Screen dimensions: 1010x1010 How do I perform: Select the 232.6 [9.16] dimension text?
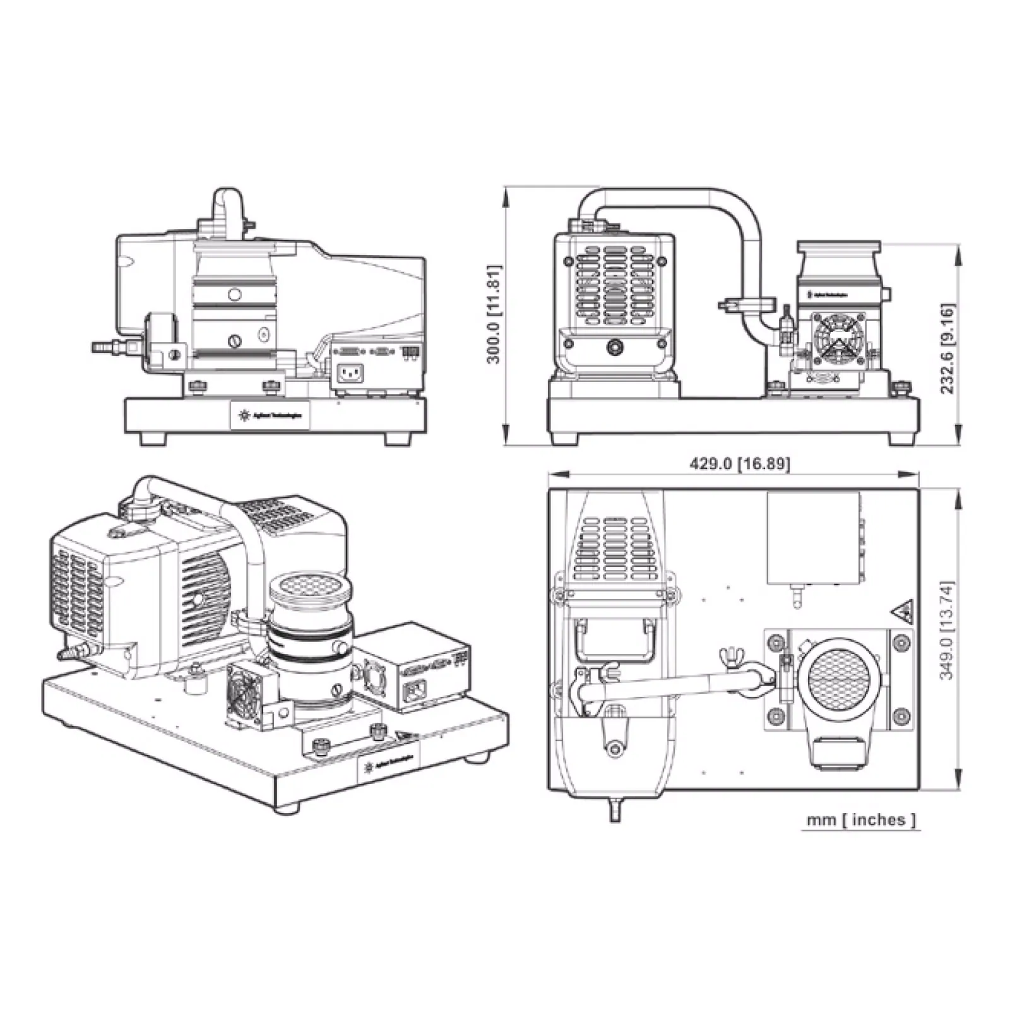[x=948, y=348]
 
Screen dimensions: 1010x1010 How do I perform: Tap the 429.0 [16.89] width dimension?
[x=739, y=464]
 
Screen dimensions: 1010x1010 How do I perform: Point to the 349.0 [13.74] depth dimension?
[x=947, y=630]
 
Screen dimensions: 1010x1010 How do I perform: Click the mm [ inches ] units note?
[x=860, y=820]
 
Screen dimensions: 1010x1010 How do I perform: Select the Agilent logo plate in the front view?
[x=270, y=415]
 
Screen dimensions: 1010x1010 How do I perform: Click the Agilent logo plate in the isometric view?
[x=388, y=766]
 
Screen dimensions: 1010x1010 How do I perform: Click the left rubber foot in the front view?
[x=153, y=439]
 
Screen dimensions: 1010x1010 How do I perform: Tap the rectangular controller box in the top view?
[x=814, y=538]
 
